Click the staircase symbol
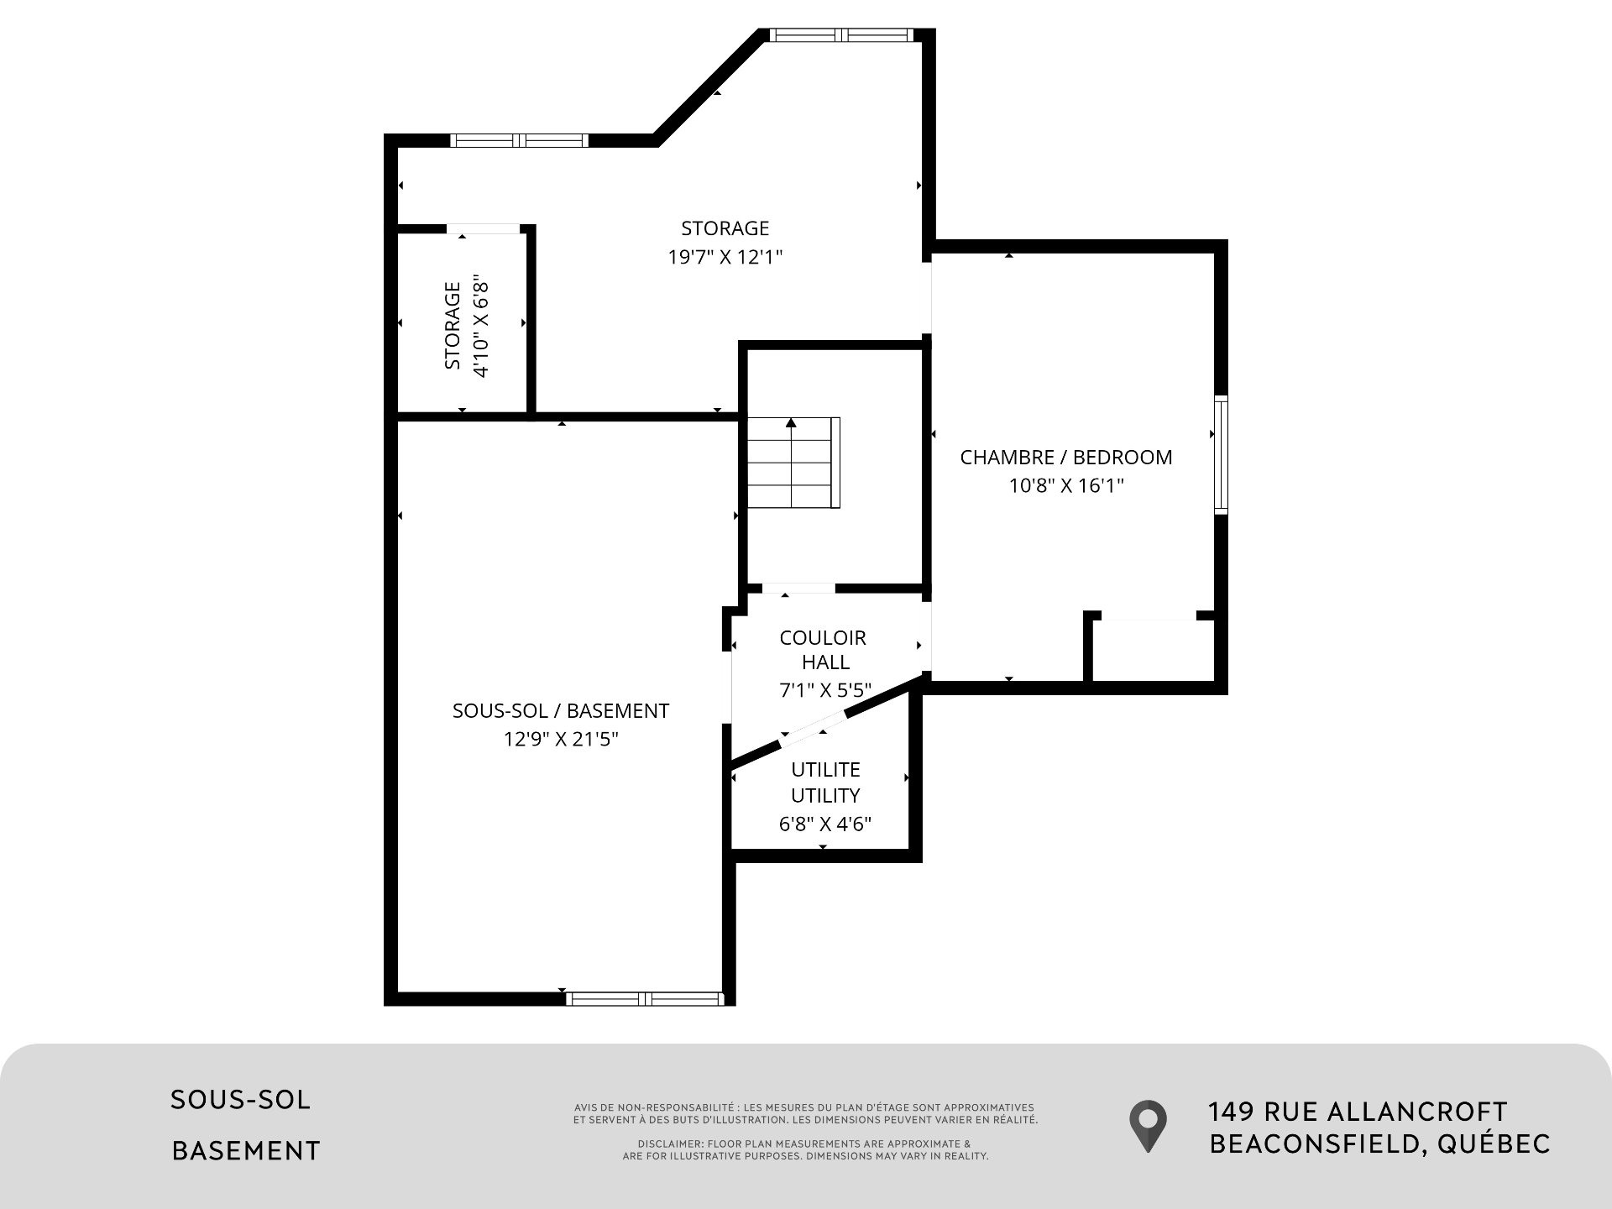(794, 463)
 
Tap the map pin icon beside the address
(1147, 1126)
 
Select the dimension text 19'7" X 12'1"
(725, 257)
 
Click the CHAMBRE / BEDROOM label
(1066, 458)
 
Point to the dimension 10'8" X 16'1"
(1066, 485)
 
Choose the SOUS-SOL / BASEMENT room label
(561, 711)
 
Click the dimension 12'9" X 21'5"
(561, 739)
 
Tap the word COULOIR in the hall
(823, 638)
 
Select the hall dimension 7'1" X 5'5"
(825, 690)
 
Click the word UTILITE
(825, 770)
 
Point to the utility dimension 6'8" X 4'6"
(825, 824)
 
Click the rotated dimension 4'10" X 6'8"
(480, 325)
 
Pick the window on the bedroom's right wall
(1221, 454)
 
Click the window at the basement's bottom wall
(645, 998)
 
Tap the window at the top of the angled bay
(840, 35)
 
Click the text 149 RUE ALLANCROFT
(1358, 1112)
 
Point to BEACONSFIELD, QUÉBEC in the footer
(1379, 1144)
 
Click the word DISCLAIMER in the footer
(669, 1144)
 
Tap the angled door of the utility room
(814, 729)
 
